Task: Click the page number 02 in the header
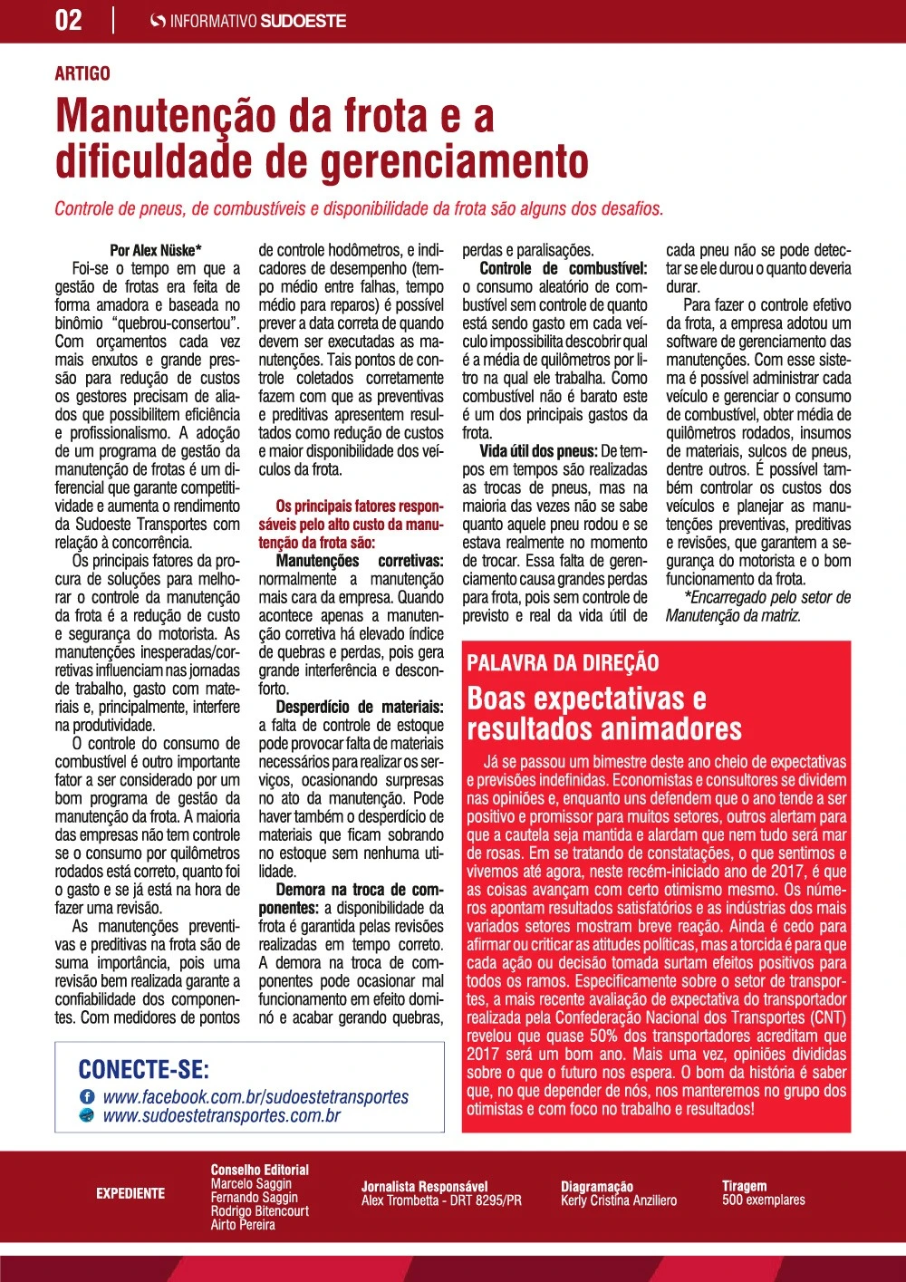[69, 20]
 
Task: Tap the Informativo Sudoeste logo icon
[158, 21]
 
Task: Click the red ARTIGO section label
[82, 73]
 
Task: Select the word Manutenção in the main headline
[166, 117]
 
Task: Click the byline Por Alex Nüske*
[156, 250]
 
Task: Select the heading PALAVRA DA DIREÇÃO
[563, 663]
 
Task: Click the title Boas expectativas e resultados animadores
[603, 713]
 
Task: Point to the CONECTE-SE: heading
[144, 1069]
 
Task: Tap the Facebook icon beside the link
[88, 1097]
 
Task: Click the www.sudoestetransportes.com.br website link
[222, 1115]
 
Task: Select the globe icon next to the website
[88, 1115]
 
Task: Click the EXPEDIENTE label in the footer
[130, 1193]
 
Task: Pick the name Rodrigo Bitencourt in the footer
[259, 1210]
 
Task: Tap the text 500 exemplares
[763, 1200]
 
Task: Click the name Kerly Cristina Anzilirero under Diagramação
[619, 1200]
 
